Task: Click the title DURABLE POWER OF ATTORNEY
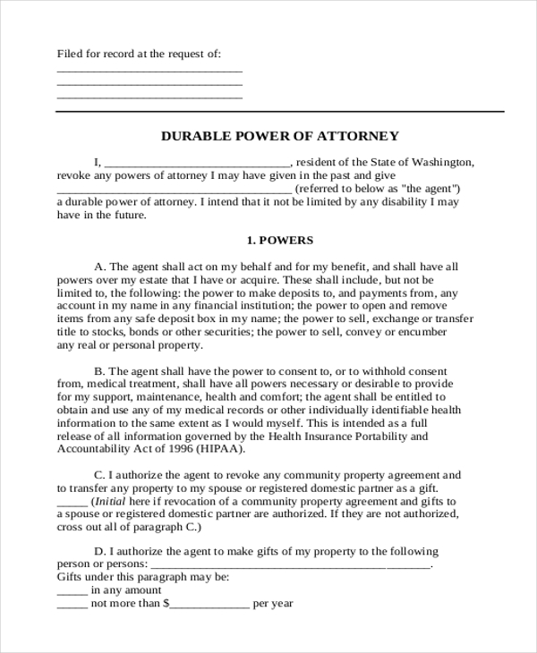tap(279, 136)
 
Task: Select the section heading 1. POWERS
tap(279, 241)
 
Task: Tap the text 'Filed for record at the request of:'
tap(139, 54)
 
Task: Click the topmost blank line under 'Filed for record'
tap(149, 71)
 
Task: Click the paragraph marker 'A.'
tap(99, 267)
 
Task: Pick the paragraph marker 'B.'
tap(99, 370)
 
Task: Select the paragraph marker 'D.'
tap(100, 551)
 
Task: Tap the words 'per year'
tap(273, 604)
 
